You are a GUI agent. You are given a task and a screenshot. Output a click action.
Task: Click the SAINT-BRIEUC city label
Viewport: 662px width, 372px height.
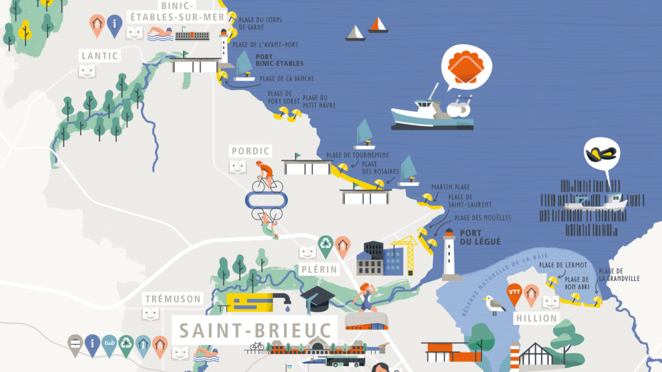255,330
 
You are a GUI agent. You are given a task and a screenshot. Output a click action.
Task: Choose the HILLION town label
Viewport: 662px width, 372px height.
537,318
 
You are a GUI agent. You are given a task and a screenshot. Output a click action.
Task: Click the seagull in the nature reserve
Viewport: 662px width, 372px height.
495,304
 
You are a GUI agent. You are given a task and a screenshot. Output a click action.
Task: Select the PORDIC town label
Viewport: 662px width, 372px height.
250,151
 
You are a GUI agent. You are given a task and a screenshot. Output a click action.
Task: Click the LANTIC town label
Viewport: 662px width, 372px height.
100,56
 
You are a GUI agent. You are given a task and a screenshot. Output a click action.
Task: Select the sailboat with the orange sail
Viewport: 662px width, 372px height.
378,25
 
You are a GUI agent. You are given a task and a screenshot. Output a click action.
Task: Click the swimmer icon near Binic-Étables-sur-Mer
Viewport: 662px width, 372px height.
160,32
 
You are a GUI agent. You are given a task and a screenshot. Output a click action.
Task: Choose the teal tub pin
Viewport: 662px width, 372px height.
109,344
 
